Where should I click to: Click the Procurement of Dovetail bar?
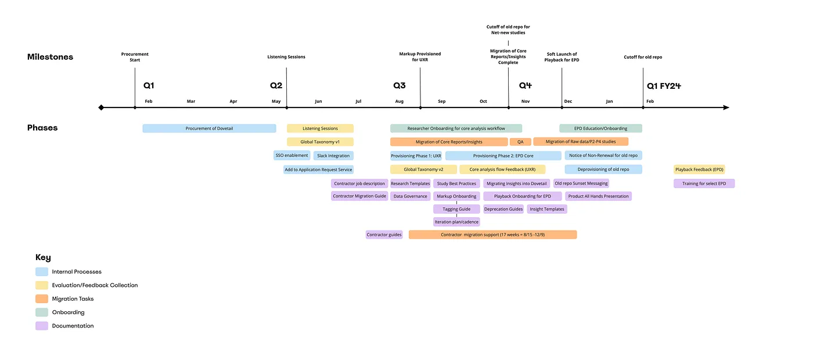[x=209, y=128]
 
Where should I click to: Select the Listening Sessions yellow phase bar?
[x=320, y=128]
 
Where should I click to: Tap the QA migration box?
[x=520, y=142]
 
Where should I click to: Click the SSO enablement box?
[x=292, y=156]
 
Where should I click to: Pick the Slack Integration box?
[x=333, y=156]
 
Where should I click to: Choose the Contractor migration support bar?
[x=492, y=235]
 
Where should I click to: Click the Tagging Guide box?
[x=456, y=209]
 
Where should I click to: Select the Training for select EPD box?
[x=704, y=183]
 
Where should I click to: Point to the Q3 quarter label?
[x=400, y=86]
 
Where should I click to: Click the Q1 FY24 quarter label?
[x=664, y=86]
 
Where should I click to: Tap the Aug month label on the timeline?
[x=400, y=102]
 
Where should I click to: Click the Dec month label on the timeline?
[x=568, y=102]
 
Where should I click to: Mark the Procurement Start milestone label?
[x=135, y=57]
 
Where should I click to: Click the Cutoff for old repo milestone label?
[x=643, y=57]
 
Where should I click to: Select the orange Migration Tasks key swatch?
[x=42, y=299]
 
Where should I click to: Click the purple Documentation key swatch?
[x=42, y=326]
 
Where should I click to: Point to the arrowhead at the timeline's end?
[x=726, y=107]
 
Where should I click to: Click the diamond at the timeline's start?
[x=102, y=107]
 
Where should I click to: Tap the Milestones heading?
[x=50, y=57]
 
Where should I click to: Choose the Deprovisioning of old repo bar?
[x=603, y=170]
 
